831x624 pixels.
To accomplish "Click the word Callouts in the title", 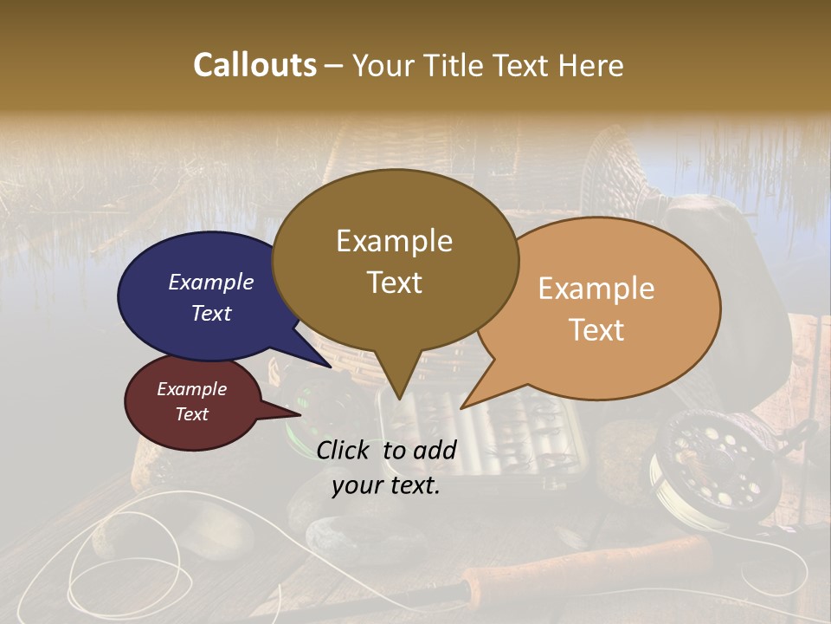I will point(254,66).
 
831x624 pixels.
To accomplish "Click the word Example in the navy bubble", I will point(210,283).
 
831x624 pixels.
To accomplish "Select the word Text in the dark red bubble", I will point(191,414).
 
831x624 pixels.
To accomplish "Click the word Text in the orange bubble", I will point(596,330).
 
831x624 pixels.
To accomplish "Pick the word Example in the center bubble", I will point(394,241).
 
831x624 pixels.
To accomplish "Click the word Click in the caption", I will point(345,450).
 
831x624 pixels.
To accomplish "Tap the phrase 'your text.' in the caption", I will point(386,485).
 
